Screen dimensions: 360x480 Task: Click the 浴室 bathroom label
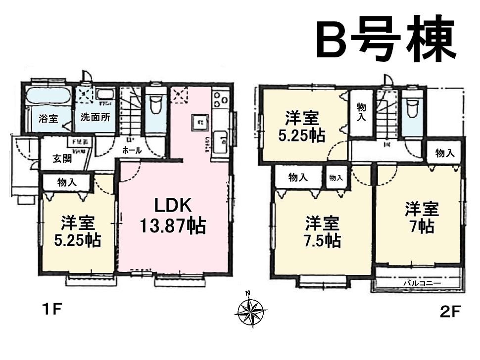[48, 119]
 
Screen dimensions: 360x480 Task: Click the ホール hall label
[132, 150]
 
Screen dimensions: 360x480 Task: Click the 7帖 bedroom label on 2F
[422, 218]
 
